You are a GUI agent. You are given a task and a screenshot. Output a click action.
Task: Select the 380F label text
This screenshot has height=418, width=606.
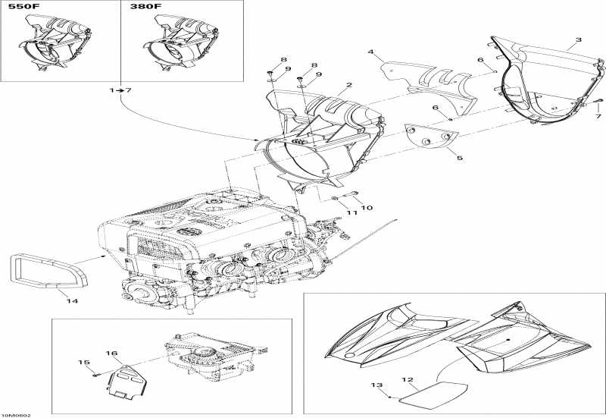pyautogui.click(x=146, y=7)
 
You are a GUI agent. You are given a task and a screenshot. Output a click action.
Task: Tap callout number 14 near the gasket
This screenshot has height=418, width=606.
pyautogui.click(x=72, y=301)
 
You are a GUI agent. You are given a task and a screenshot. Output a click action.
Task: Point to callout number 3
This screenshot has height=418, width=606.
pyautogui.click(x=579, y=39)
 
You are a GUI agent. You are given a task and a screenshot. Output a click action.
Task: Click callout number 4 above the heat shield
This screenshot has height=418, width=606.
pyautogui.click(x=371, y=52)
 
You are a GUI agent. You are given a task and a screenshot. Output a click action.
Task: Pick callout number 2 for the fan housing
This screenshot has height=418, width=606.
pyautogui.click(x=349, y=86)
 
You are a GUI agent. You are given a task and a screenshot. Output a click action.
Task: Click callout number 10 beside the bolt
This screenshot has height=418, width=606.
pyautogui.click(x=367, y=207)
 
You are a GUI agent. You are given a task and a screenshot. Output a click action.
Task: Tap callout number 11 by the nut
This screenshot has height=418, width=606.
pyautogui.click(x=351, y=213)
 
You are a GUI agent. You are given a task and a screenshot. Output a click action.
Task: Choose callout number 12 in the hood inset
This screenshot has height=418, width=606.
pyautogui.click(x=407, y=379)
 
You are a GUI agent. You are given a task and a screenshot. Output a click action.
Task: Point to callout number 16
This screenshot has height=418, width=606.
pyautogui.click(x=111, y=354)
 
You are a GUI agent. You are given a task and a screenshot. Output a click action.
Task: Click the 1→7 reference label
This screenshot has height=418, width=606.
pyautogui.click(x=120, y=90)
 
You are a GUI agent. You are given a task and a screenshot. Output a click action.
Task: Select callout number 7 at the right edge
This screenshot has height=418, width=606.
pyautogui.click(x=598, y=117)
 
